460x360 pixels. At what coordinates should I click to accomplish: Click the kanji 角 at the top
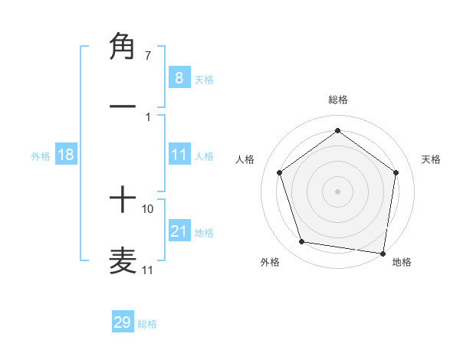(123, 47)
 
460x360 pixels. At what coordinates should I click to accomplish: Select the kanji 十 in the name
(123, 200)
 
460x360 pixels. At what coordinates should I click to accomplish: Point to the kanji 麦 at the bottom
(123, 259)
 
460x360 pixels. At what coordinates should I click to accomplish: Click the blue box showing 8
(179, 78)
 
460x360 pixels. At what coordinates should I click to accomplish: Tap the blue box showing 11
(179, 155)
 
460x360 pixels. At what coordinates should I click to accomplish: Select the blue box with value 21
(179, 231)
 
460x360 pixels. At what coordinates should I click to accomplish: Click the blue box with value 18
(66, 155)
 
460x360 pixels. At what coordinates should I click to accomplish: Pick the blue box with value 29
(122, 322)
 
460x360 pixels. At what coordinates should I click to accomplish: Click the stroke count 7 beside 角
(147, 56)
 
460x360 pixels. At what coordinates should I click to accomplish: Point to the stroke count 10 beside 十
(148, 208)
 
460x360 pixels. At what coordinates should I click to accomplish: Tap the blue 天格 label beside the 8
(204, 80)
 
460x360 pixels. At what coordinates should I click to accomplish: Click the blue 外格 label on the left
(41, 156)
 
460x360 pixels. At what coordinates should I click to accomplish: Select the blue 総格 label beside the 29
(147, 324)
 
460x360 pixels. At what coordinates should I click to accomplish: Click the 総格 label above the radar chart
(337, 100)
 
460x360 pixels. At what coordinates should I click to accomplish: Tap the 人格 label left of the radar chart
(245, 159)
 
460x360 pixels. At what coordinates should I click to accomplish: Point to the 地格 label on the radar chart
(402, 262)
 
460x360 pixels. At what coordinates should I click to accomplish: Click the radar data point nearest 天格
(396, 172)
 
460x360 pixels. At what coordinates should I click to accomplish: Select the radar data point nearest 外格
(302, 242)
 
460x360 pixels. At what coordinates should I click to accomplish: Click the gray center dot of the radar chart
(337, 191)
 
